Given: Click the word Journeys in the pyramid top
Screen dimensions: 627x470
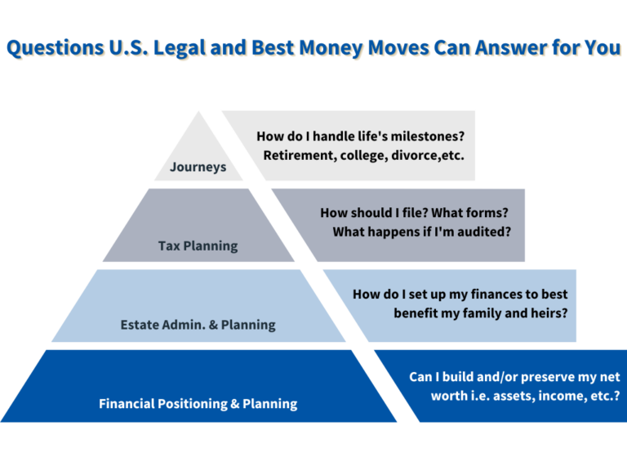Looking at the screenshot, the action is click(x=198, y=166).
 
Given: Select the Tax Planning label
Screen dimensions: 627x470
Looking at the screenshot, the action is click(x=198, y=246).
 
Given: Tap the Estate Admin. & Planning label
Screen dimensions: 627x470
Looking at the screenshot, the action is click(x=198, y=325).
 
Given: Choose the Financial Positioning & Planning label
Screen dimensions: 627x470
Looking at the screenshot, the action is click(x=198, y=404).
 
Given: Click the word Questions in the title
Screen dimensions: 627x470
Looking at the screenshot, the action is click(x=55, y=48).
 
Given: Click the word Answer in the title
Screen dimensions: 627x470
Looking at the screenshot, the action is click(x=510, y=47).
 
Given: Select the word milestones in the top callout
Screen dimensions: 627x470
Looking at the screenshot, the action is click(x=428, y=136).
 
